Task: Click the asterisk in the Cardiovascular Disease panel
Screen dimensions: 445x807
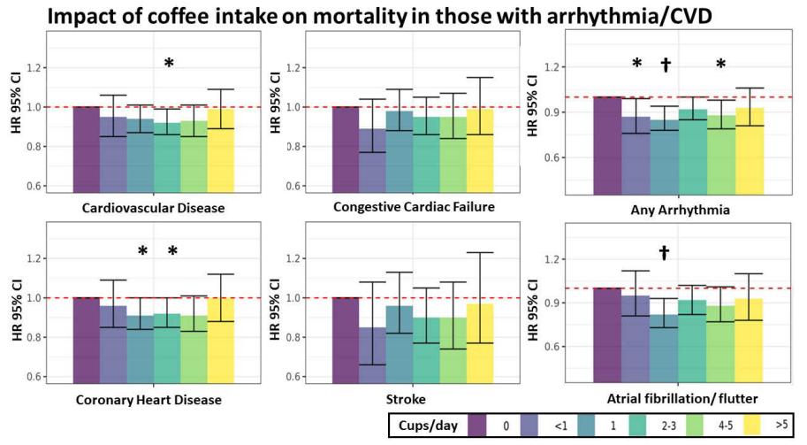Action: tap(169, 63)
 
